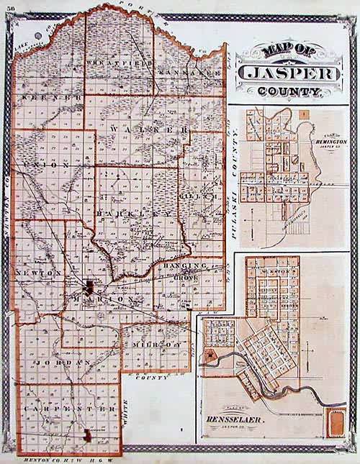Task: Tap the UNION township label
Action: (46, 165)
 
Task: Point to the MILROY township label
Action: (155, 345)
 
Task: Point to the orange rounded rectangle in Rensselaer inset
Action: (335, 422)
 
